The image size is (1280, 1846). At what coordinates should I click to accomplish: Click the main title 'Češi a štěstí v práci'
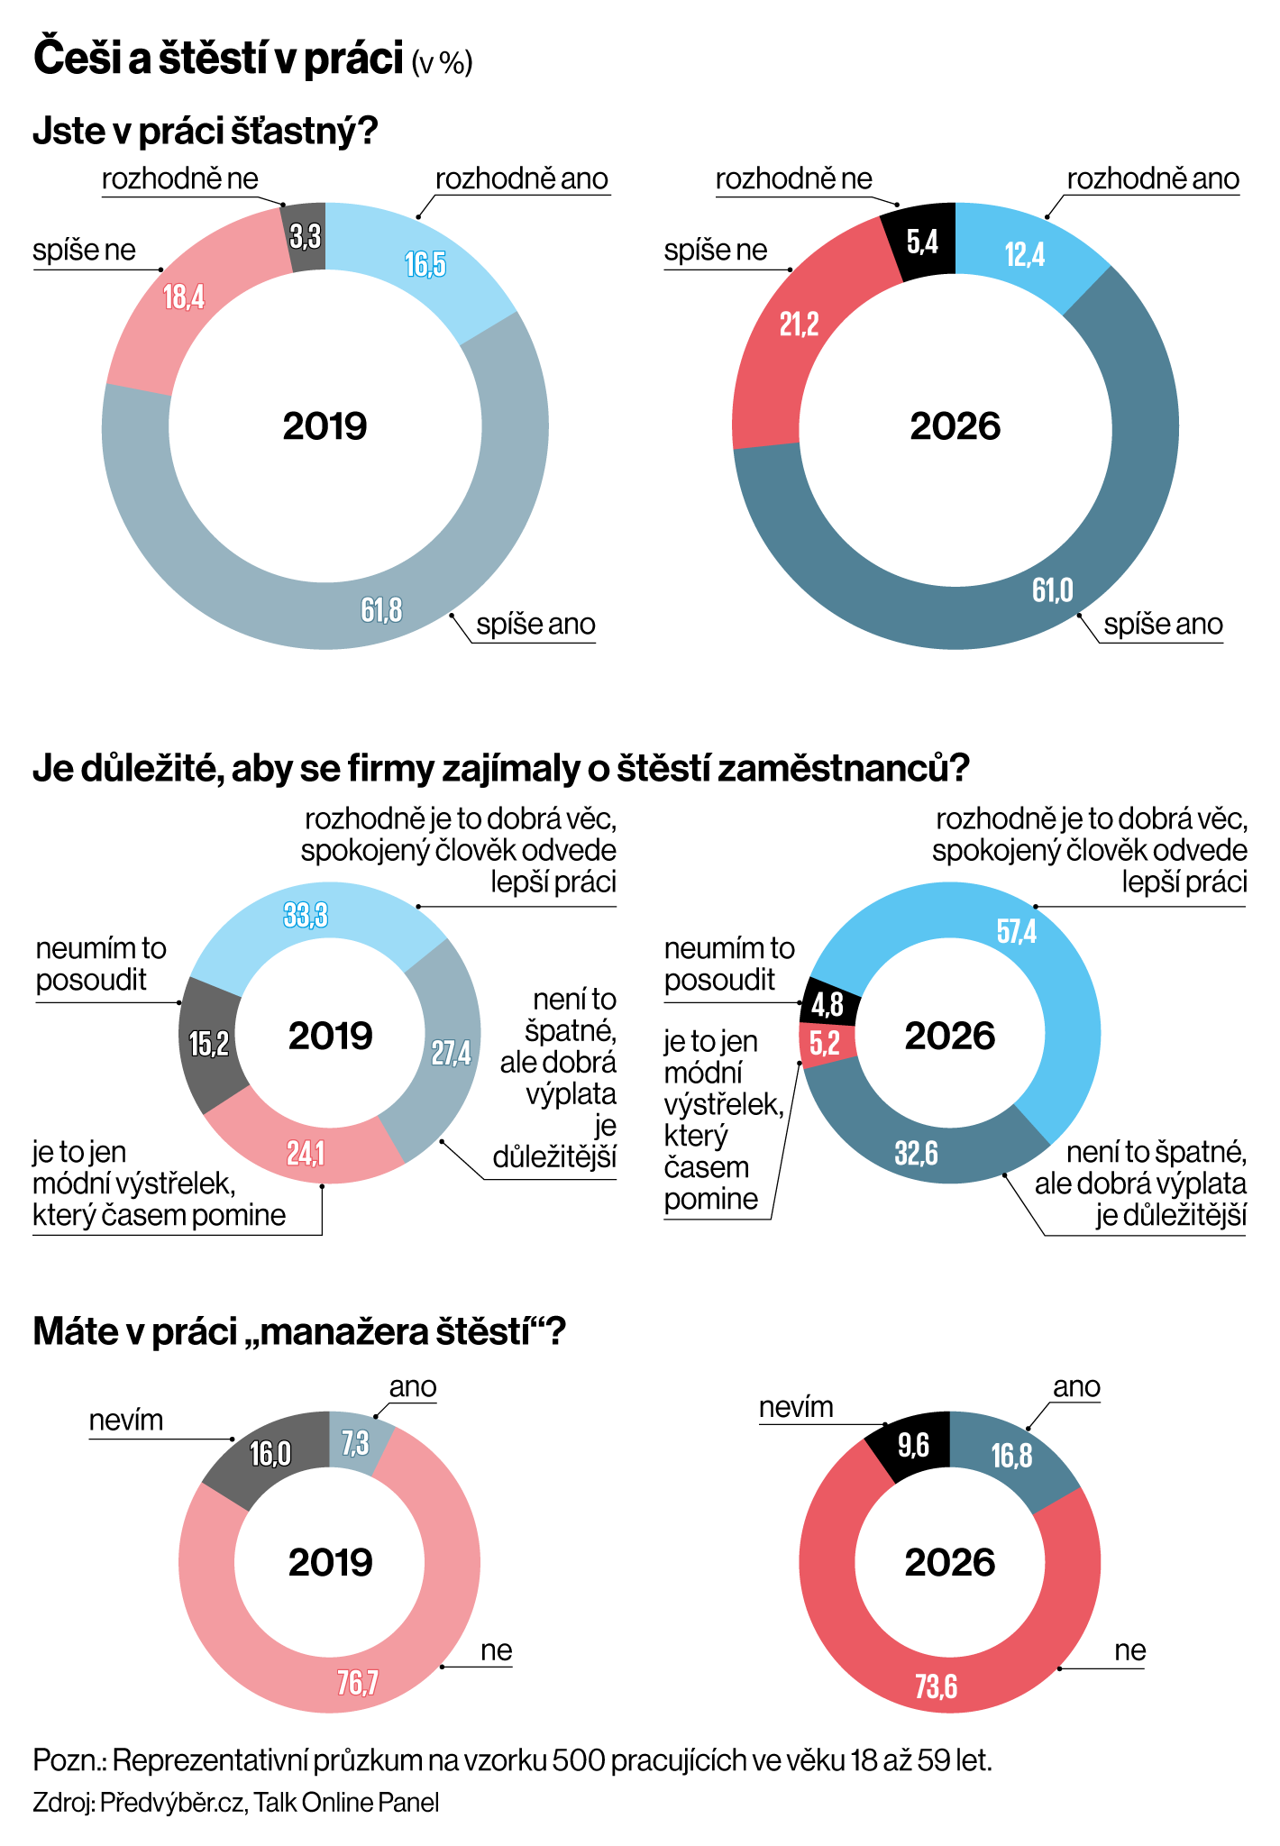coord(218,59)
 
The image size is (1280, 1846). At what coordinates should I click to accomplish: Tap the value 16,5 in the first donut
coord(425,265)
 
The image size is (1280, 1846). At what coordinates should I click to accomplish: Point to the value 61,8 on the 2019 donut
coord(381,610)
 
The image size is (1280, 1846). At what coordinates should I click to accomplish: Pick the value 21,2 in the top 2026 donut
coord(799,324)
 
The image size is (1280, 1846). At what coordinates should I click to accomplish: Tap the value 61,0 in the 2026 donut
coord(1053,589)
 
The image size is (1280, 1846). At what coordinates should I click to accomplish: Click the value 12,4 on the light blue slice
coord(1025,254)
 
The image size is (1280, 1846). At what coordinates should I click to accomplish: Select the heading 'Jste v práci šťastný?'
coord(205,132)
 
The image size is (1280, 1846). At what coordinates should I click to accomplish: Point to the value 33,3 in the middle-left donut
coord(306,915)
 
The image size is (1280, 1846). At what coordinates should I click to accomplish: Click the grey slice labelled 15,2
coord(209,1044)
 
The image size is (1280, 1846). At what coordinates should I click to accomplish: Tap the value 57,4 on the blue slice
coord(1017,931)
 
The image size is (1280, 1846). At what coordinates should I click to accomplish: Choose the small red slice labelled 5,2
coord(825,1044)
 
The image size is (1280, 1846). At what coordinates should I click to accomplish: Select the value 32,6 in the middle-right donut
coord(916,1152)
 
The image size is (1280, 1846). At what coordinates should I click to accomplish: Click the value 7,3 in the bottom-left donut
coord(355,1443)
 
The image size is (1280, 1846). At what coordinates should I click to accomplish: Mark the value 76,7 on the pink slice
coord(358,1682)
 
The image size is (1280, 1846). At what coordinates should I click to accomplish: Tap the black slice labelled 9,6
coord(912,1447)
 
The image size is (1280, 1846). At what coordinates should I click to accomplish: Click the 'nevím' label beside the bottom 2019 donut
coord(126,1420)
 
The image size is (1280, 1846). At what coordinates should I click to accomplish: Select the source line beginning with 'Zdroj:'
coord(236,1802)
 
